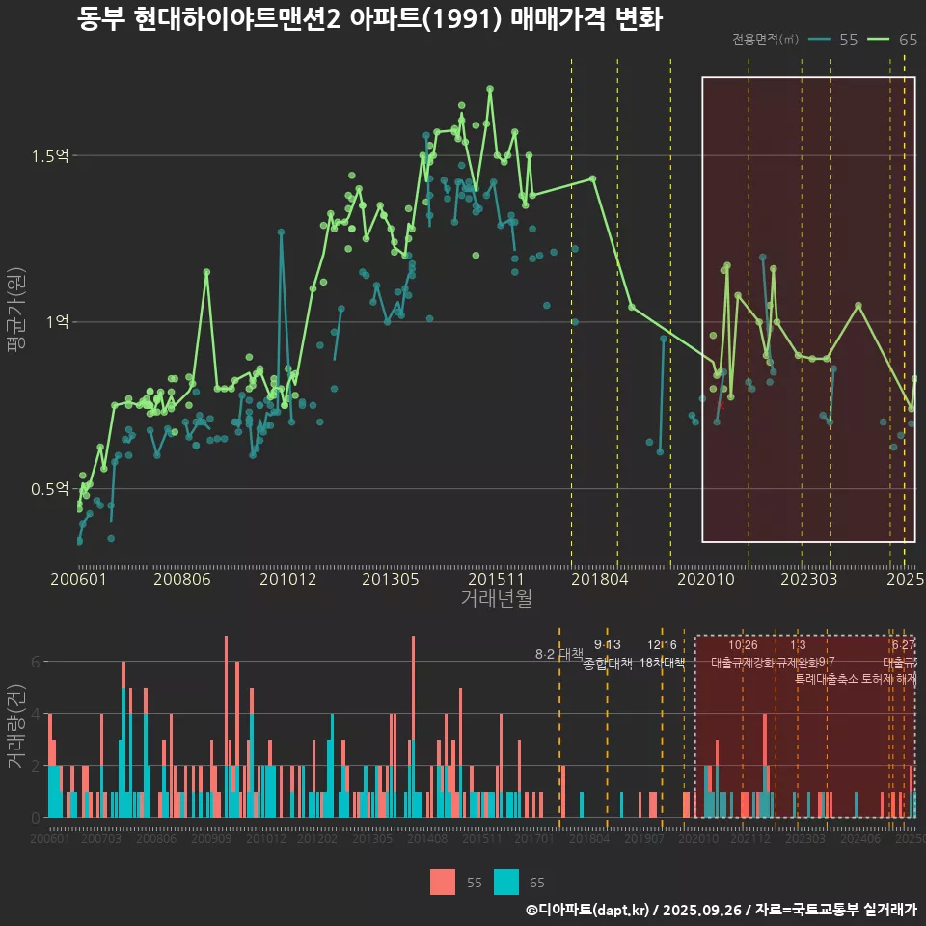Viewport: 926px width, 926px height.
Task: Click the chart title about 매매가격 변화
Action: (369, 19)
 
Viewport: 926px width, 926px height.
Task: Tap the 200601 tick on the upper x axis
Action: (78, 579)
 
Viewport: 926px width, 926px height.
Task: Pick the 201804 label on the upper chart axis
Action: (598, 579)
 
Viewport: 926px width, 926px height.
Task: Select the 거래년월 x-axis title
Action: (496, 599)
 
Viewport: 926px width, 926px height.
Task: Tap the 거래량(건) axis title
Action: (15, 727)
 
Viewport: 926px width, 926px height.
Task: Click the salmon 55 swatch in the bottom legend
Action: (443, 882)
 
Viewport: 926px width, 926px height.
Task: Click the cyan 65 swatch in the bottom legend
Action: (506, 882)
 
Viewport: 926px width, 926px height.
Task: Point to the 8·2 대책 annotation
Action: (559, 654)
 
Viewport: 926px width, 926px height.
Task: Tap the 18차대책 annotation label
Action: (662, 663)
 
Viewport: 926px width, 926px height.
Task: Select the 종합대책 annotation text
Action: (608, 664)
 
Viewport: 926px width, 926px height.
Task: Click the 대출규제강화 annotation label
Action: (743, 663)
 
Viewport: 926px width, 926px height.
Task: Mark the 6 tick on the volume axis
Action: (36, 662)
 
